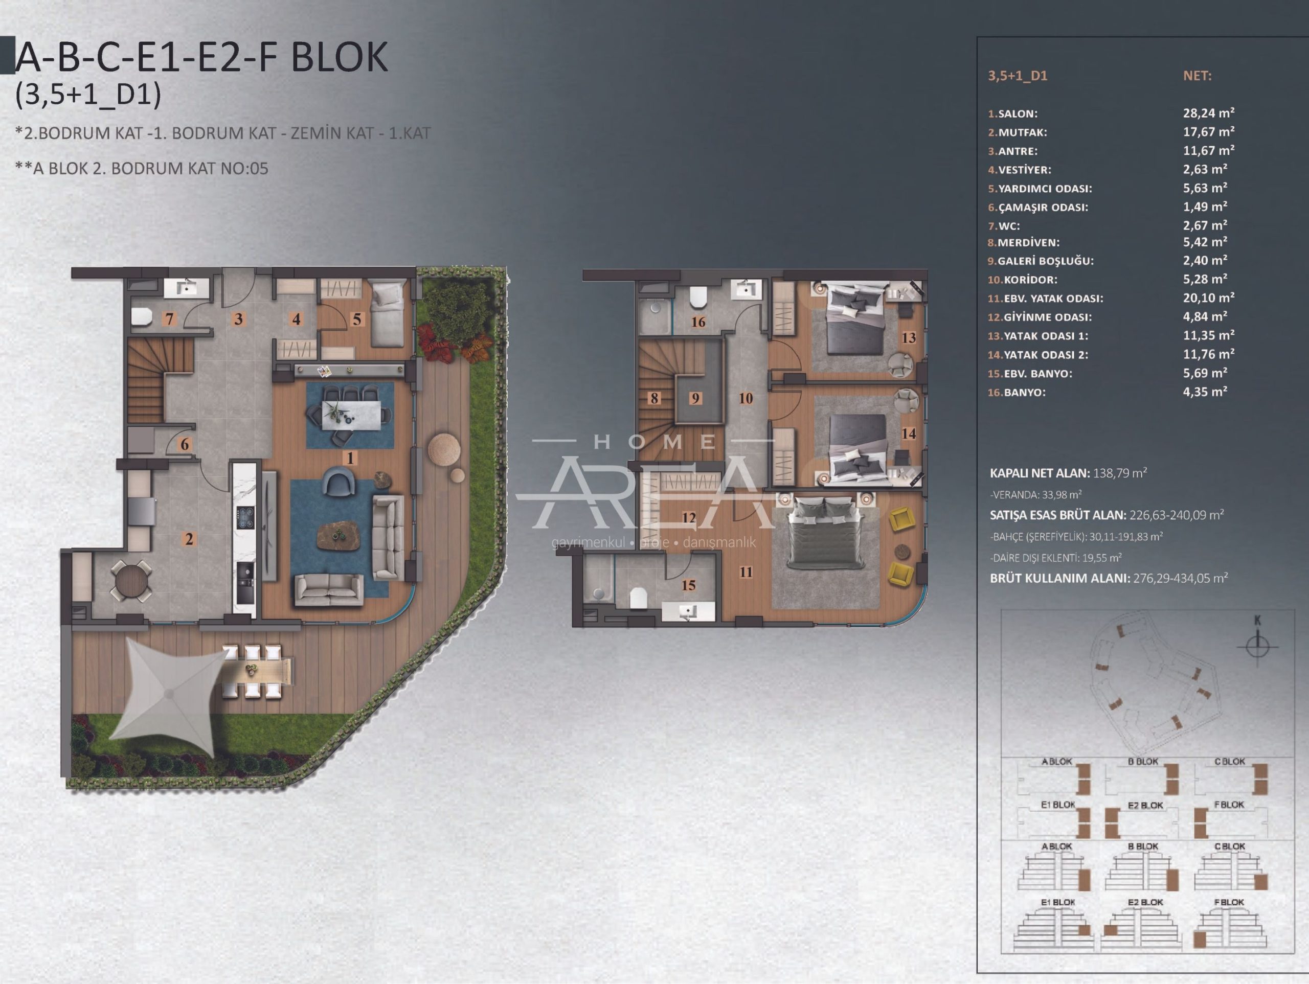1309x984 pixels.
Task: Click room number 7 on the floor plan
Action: (169, 319)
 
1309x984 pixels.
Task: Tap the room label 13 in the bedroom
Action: (908, 337)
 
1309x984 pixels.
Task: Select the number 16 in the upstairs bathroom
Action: (698, 322)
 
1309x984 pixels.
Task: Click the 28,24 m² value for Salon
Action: (1208, 112)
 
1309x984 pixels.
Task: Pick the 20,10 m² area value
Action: (1208, 298)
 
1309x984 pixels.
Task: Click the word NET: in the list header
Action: (1197, 76)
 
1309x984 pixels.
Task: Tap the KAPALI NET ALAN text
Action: (1040, 473)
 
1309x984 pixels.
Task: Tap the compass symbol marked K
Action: (1257, 645)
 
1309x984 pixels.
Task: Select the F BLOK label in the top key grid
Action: (1229, 805)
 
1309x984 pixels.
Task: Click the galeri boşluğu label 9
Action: (695, 398)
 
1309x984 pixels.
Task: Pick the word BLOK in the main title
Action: (340, 57)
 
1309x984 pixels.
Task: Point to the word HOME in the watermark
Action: (654, 442)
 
